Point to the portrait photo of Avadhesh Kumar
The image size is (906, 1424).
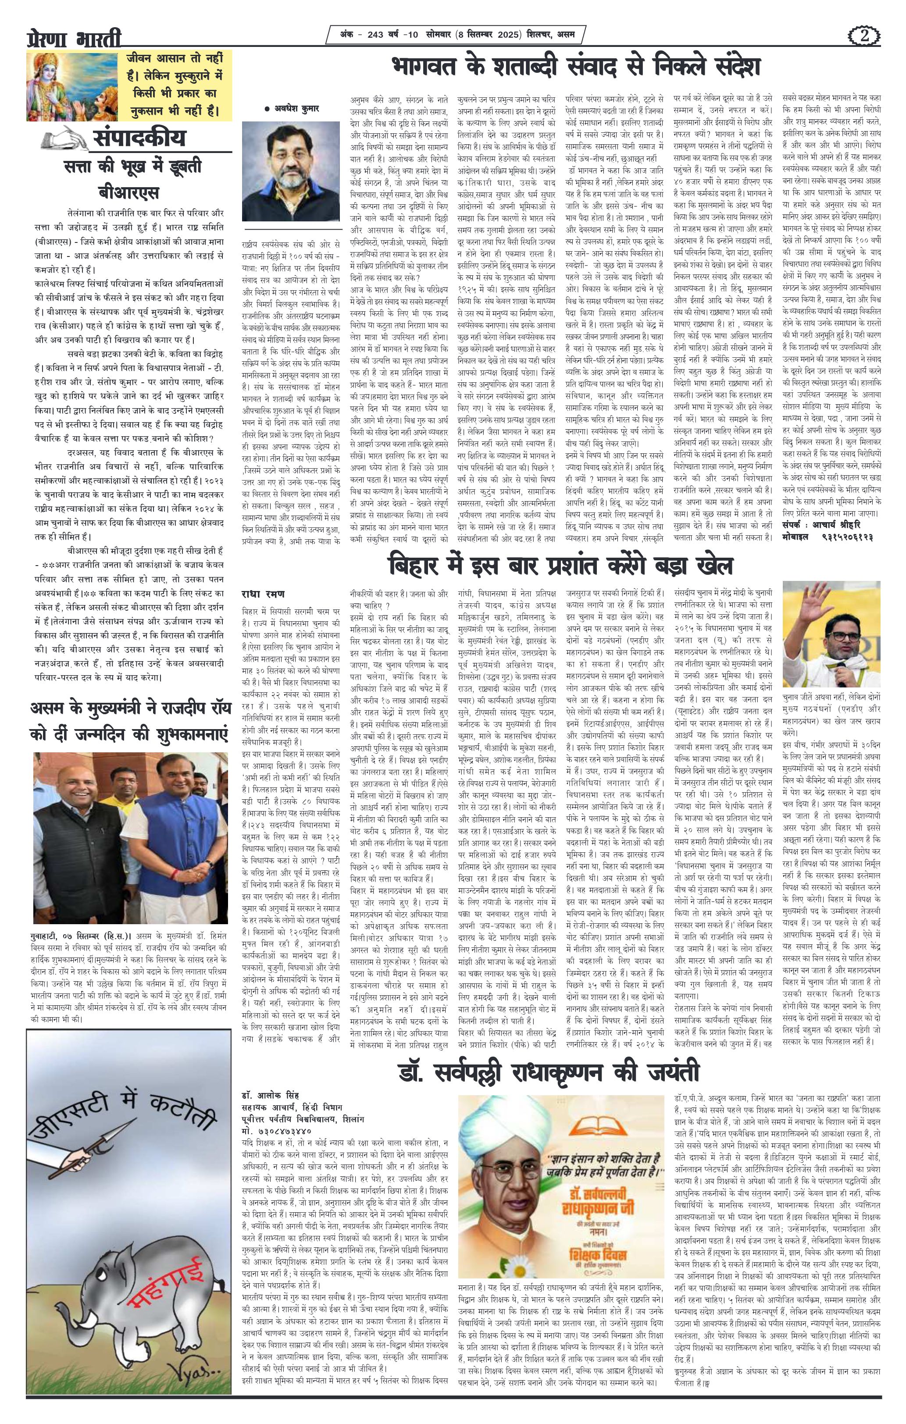click(291, 171)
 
